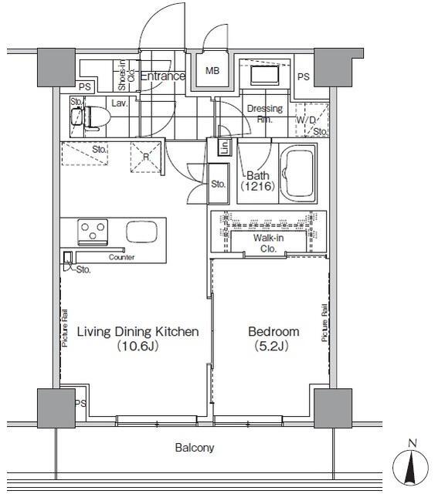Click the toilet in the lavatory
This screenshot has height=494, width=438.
point(97,118)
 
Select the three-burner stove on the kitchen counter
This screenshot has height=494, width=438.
point(93,232)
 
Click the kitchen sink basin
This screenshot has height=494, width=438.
point(141,232)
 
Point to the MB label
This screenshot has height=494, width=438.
point(212,71)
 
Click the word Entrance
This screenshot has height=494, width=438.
point(163,76)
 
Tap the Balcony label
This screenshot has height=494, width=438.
point(195,448)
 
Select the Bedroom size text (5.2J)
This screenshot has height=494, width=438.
point(271,347)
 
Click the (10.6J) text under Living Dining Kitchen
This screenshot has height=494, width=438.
point(138,347)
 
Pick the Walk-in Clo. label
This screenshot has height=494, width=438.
point(268,243)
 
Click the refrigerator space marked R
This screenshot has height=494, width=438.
point(146,157)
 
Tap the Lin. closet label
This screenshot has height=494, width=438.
point(225,147)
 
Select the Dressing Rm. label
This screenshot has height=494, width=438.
point(264,114)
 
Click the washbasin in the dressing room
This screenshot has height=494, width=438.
point(265,75)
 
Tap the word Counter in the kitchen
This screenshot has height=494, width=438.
point(121,257)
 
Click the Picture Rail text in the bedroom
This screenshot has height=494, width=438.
point(324,323)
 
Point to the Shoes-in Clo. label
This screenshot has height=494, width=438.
point(126,76)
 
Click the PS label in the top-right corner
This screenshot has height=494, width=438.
point(304,76)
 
